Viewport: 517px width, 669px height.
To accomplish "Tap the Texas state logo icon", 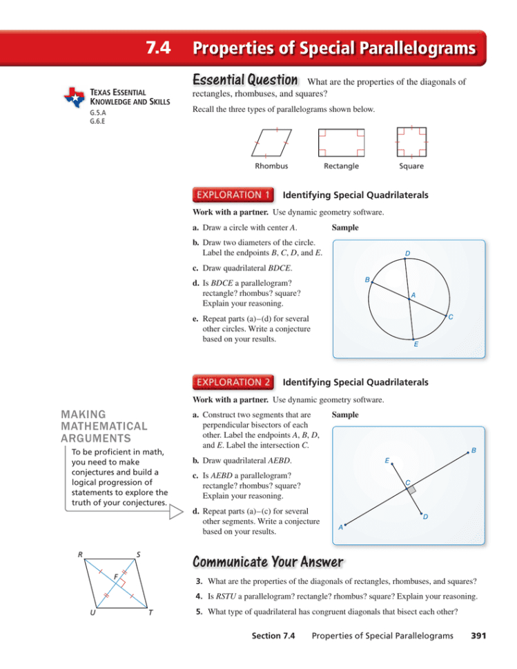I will click(x=74, y=97).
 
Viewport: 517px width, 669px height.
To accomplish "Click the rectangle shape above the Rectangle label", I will click(x=341, y=143).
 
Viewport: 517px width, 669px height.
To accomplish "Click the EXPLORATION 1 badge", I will click(x=232, y=195).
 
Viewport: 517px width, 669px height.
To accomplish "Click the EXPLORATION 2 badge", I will click(x=232, y=380).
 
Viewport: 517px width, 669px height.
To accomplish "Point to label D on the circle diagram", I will click(x=408, y=254).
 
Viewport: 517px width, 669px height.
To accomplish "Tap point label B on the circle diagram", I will click(x=367, y=279).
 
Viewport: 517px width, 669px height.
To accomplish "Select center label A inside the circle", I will click(x=412, y=295).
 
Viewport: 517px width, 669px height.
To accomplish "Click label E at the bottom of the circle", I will click(x=415, y=344).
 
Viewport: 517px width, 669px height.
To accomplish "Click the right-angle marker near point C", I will click(x=411, y=490).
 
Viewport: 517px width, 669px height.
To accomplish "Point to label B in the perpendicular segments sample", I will click(x=474, y=450).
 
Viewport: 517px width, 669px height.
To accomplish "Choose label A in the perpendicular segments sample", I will click(x=340, y=528).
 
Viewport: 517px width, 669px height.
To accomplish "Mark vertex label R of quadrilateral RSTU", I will click(x=81, y=554).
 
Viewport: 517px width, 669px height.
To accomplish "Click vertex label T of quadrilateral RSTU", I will click(x=151, y=616).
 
